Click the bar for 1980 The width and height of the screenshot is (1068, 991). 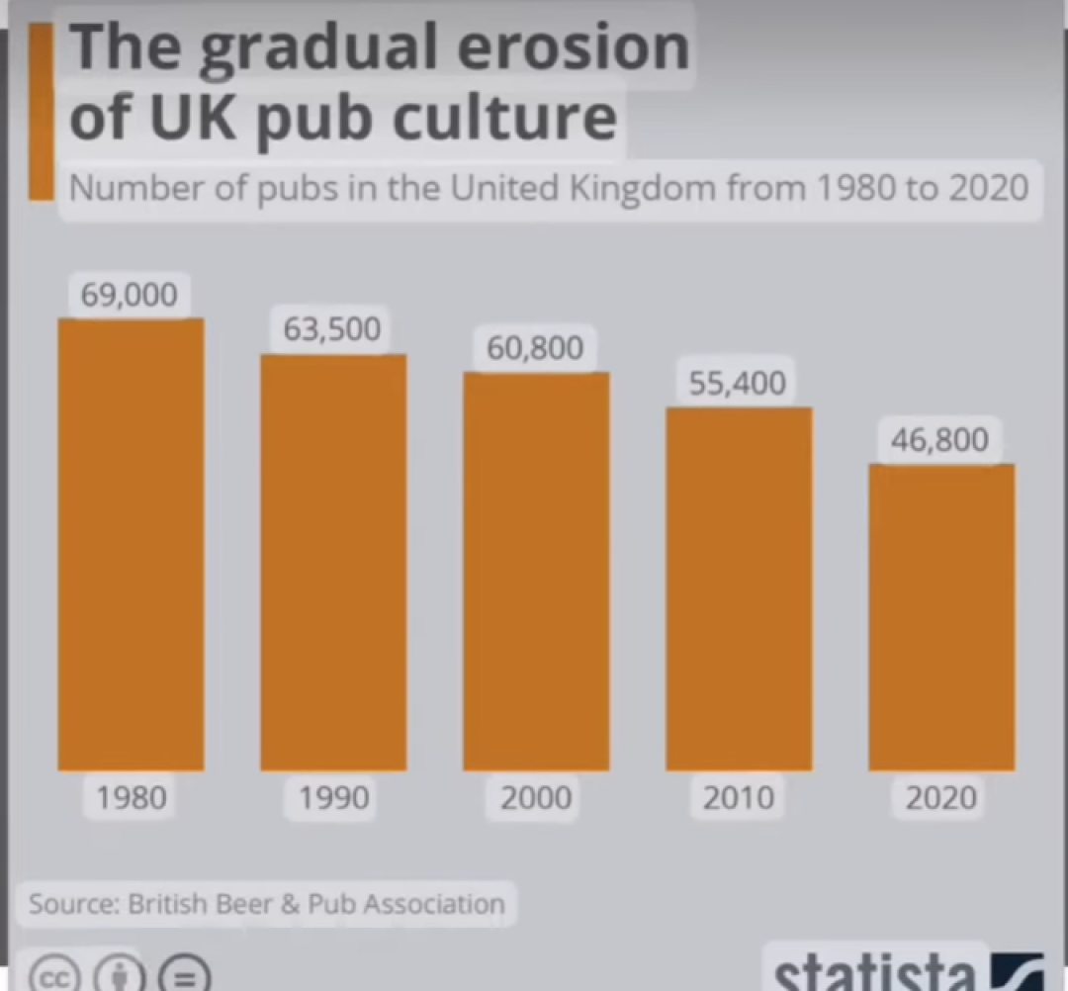pyautogui.click(x=131, y=544)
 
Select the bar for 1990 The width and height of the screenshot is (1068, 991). pyautogui.click(x=333, y=562)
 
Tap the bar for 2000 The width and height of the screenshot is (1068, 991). pyautogui.click(x=536, y=571)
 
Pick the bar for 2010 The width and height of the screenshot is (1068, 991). pyautogui.click(x=739, y=588)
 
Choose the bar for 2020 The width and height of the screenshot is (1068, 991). pyautogui.click(x=941, y=616)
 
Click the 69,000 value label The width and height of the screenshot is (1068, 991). pyautogui.click(x=130, y=294)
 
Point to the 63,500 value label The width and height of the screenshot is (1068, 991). pyautogui.click(x=332, y=329)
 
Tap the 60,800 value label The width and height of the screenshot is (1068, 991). pyautogui.click(x=535, y=348)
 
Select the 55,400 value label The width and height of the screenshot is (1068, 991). pyautogui.click(x=738, y=383)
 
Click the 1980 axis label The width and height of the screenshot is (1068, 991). pyautogui.click(x=132, y=797)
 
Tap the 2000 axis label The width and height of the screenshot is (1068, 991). pyautogui.click(x=536, y=797)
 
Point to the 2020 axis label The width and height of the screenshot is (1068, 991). pyautogui.click(x=941, y=797)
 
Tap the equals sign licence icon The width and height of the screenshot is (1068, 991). pyautogui.click(x=184, y=975)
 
